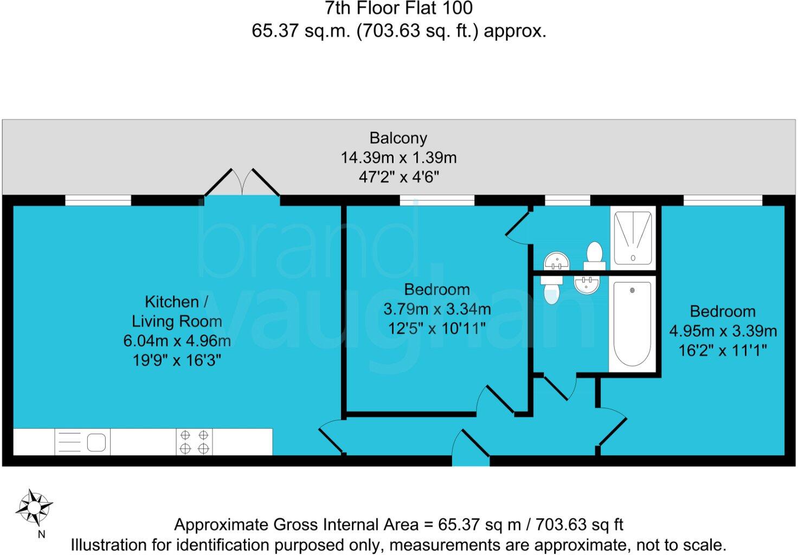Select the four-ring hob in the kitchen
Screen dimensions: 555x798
(x=194, y=442)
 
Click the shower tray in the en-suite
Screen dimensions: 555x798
(x=633, y=237)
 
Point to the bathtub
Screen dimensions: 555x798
(x=632, y=324)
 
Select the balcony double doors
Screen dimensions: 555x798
(x=242, y=183)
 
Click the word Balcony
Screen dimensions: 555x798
(x=398, y=138)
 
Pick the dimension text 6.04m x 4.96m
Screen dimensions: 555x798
(x=177, y=341)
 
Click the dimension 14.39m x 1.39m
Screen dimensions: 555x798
(x=398, y=158)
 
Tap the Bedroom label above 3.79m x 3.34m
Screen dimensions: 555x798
(x=437, y=289)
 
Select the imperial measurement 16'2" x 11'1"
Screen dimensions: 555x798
(x=723, y=351)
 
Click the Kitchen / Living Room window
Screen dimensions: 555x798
(x=98, y=201)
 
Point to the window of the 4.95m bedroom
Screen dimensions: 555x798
(x=723, y=201)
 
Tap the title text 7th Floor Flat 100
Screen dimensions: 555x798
(x=398, y=8)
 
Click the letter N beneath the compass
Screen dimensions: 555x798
(x=41, y=534)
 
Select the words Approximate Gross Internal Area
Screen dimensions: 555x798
(x=296, y=525)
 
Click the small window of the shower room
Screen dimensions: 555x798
(x=567, y=201)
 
